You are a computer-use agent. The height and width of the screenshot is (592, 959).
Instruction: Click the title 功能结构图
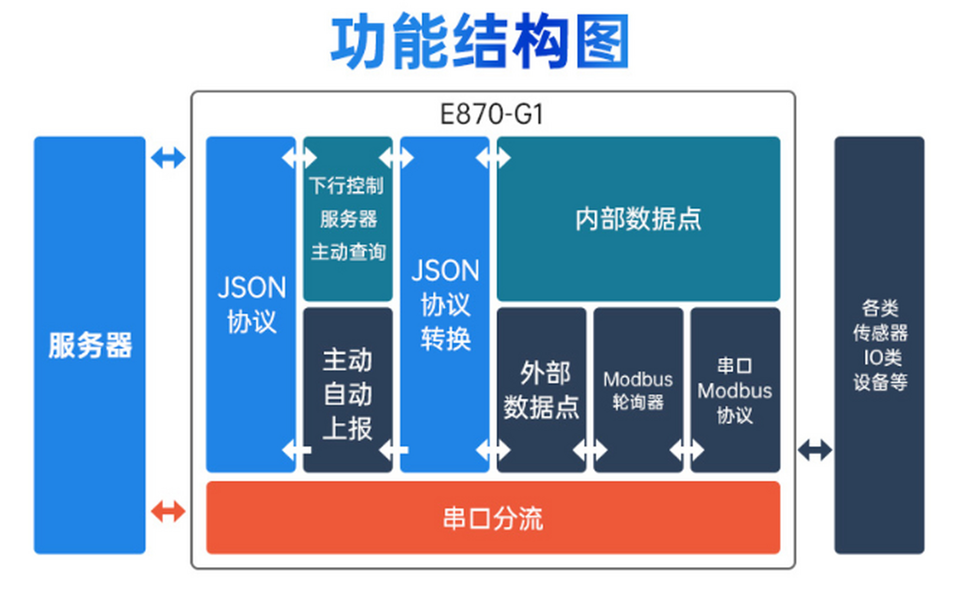pos(479,42)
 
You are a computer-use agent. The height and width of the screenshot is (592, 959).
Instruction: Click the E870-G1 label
pos(492,114)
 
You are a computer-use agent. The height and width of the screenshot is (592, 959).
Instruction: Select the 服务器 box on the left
pos(90,345)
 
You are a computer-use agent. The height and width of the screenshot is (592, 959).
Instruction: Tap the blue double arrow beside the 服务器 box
pos(168,158)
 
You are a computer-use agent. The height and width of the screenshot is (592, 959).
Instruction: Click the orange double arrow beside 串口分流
pos(168,512)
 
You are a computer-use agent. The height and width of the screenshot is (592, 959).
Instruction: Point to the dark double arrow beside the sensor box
pos(815,450)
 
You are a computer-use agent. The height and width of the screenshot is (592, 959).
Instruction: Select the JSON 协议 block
pos(251,304)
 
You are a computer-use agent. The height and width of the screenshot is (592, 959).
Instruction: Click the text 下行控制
pos(346,185)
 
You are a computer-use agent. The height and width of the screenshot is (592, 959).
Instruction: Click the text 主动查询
pos(348,252)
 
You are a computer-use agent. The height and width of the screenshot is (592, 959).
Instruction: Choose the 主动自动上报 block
pos(348,394)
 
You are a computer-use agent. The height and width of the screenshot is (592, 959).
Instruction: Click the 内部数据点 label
pos(638,219)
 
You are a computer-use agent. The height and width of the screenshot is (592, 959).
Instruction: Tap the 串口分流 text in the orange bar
pos(492,518)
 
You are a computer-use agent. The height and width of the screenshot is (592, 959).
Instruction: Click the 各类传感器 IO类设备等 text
pos(879,345)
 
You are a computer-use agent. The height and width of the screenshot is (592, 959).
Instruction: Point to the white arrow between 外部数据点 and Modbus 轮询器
pos(590,450)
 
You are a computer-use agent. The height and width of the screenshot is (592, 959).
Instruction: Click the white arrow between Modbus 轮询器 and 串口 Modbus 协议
pos(687,450)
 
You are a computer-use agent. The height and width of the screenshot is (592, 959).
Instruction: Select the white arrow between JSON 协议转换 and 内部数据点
pos(493,158)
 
